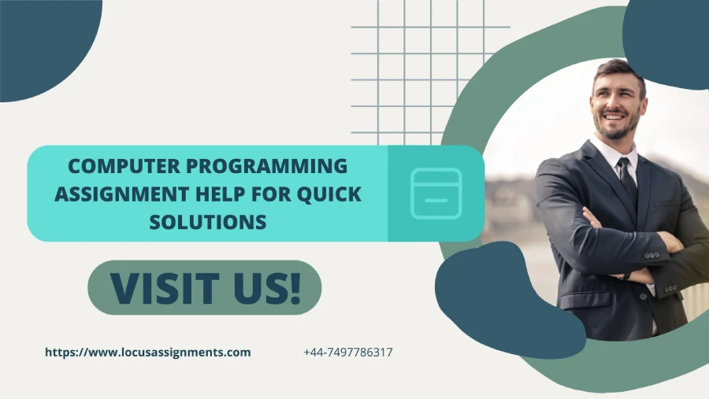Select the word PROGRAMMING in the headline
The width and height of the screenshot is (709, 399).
(x=267, y=166)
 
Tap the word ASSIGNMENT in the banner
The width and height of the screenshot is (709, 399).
(x=121, y=194)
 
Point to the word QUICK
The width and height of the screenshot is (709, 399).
(x=329, y=194)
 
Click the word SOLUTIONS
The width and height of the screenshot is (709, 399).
(x=208, y=222)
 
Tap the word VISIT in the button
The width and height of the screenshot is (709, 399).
(x=165, y=288)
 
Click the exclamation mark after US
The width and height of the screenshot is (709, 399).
(x=295, y=287)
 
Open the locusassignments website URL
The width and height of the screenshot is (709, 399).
(x=148, y=353)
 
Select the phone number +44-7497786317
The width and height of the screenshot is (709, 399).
(x=348, y=353)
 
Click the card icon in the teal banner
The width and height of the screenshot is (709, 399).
(x=436, y=194)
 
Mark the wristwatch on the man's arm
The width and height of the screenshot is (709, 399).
(x=625, y=276)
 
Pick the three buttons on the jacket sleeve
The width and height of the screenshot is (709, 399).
(x=651, y=255)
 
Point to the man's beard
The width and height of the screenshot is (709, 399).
(x=616, y=127)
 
